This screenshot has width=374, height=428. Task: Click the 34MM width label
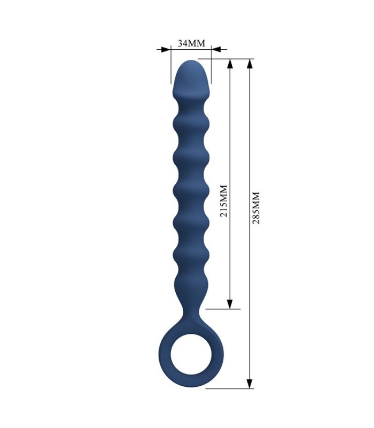pos(191,43)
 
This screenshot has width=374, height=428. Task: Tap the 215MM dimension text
pos(224,201)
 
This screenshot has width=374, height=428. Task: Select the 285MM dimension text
pos(256,208)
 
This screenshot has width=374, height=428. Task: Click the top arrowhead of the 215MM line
pos(230,64)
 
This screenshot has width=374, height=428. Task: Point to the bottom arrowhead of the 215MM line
pos(230,304)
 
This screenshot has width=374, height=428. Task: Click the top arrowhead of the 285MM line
pos(250,64)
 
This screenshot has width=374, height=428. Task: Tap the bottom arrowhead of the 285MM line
pos(250,384)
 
